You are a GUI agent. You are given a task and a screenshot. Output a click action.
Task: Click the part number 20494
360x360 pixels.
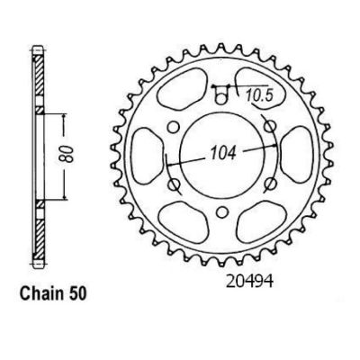coord(249,282)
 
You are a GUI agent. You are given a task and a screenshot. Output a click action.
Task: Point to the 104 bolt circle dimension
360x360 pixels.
coord(223,153)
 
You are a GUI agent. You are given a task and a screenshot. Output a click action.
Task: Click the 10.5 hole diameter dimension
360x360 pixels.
coord(259,96)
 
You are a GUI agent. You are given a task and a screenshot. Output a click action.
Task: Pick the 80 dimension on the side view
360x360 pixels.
coord(68,154)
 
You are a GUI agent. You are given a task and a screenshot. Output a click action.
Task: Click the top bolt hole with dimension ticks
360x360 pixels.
coord(220,99)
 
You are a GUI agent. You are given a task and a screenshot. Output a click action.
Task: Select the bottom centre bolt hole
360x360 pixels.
coord(221,212)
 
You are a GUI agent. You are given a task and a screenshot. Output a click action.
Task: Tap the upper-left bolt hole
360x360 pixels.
coord(173,127)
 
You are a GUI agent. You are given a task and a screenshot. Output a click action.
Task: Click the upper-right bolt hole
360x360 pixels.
coord(270,126)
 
